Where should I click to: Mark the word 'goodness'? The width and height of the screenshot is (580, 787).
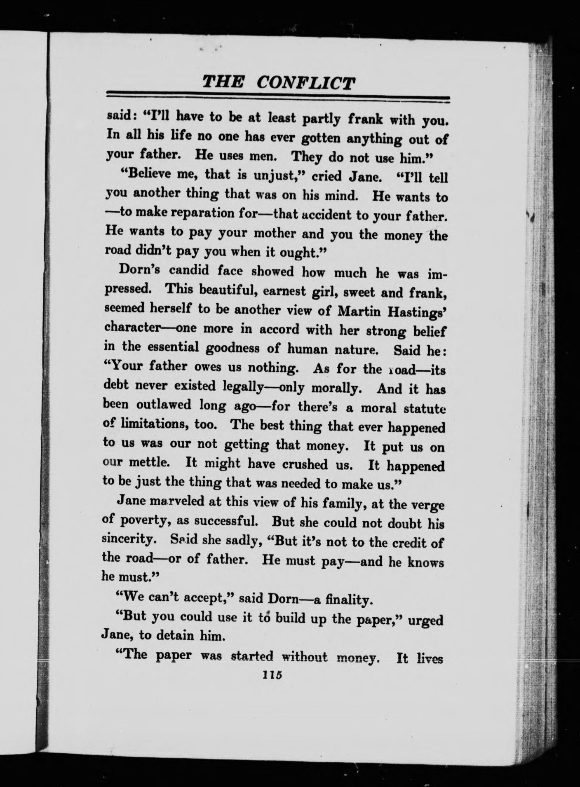click(232, 348)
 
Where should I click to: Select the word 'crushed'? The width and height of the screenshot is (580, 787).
click(307, 464)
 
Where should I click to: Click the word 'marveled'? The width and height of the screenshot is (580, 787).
click(175, 501)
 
